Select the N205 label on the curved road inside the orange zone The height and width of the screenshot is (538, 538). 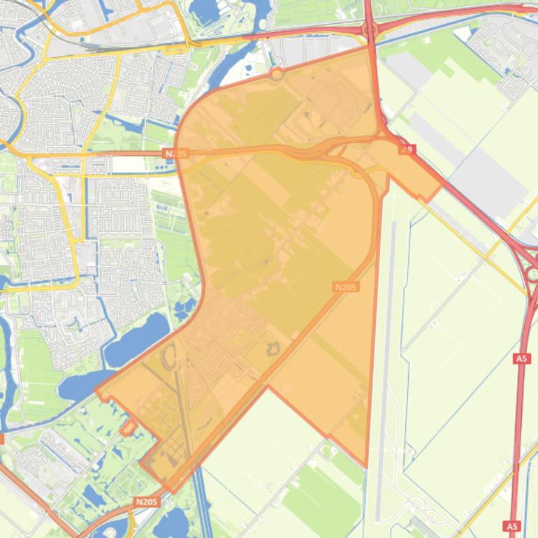pos(346,286)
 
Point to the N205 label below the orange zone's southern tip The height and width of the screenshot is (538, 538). pos(146,502)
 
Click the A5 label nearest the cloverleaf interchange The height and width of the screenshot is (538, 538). pos(521,358)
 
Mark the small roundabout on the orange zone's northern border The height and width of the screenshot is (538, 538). pos(277,73)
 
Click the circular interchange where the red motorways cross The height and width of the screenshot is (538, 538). pos(370,31)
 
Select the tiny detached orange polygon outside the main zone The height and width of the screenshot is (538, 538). pos(128,427)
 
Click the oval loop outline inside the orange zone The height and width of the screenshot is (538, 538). pos(170,358)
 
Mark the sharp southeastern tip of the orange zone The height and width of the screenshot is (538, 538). pos(365,466)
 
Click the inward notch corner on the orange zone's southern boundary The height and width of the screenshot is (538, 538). pos(267,386)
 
